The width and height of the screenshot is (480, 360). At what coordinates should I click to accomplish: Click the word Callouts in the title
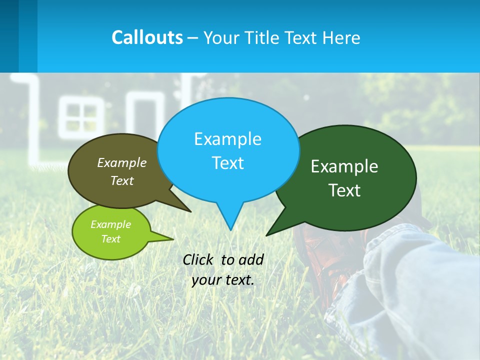147,37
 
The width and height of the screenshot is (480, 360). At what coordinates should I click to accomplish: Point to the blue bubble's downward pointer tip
230,229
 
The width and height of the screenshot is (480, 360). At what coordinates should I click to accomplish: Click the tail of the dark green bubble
270,232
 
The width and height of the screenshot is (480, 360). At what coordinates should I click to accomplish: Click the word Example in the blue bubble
227,139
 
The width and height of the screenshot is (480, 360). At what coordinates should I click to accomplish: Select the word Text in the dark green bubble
344,190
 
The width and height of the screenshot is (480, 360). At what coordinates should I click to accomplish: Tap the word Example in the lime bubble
110,224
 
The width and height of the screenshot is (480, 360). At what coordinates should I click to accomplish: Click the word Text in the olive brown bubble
122,181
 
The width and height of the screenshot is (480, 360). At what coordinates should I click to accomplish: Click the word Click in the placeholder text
197,259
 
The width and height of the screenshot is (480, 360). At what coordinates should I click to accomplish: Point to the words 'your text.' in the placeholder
223,280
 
